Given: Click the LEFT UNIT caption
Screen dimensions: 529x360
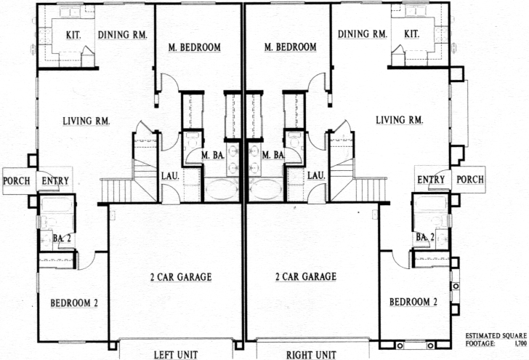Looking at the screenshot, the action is [x=176, y=355].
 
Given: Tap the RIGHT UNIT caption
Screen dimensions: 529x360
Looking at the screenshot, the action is [x=311, y=355].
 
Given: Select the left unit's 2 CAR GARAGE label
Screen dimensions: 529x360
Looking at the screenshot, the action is [x=181, y=277].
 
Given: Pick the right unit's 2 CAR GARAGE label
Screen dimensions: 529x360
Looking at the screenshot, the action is [x=306, y=276].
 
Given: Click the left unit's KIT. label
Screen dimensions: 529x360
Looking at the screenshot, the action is [x=73, y=35].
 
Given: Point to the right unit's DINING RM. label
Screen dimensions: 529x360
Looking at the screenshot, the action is [x=363, y=33].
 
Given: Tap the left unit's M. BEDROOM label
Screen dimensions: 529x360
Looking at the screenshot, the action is [x=195, y=47].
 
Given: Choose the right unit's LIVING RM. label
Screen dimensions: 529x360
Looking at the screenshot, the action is [x=400, y=120].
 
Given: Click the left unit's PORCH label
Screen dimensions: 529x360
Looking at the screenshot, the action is [x=17, y=181].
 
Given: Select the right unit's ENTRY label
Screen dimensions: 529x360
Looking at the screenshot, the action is [x=431, y=180].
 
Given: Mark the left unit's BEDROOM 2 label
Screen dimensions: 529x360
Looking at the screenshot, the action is [x=74, y=303].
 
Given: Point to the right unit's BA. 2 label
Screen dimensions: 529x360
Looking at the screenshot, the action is [x=425, y=237].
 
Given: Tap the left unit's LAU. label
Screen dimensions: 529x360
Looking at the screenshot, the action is [x=170, y=175].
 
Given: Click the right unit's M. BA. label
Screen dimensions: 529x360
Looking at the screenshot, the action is [x=274, y=155].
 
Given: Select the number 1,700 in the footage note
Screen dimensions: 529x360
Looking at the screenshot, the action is [x=521, y=344].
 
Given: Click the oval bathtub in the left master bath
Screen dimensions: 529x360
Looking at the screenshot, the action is [x=221, y=190].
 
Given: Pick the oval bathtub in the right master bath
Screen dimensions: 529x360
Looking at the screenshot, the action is [x=267, y=190].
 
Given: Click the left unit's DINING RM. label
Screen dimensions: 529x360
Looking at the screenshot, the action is [x=123, y=35].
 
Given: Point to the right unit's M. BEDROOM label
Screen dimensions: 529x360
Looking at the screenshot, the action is [x=291, y=47].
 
